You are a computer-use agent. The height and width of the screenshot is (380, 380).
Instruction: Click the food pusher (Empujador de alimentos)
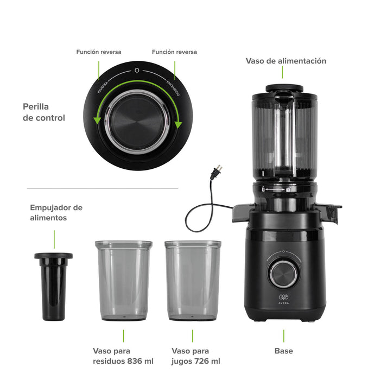(54, 287)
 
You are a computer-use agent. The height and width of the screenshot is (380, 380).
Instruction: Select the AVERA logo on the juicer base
(283, 299)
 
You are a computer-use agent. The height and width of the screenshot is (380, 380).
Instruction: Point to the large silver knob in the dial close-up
(137, 122)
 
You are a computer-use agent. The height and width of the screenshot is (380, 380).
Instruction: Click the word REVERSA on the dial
(103, 87)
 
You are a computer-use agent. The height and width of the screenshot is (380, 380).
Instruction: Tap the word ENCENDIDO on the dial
(173, 88)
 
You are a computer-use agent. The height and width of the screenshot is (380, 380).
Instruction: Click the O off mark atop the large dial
(137, 70)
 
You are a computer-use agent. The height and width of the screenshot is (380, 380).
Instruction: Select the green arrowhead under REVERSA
(97, 120)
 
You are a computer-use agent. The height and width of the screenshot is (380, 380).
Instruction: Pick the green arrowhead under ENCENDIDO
(178, 124)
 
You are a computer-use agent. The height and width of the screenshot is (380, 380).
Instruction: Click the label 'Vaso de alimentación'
(286, 61)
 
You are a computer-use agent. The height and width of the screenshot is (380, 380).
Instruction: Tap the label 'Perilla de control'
(44, 112)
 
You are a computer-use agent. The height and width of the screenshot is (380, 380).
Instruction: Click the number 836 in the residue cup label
(135, 361)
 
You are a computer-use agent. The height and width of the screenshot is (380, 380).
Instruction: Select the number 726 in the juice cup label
(201, 361)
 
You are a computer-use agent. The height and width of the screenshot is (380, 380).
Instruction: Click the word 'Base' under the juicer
(283, 351)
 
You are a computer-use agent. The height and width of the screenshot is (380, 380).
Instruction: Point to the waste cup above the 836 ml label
(124, 281)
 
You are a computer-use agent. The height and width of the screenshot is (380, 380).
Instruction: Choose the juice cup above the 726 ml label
(193, 281)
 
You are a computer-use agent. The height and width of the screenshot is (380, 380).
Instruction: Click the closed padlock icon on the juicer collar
(263, 189)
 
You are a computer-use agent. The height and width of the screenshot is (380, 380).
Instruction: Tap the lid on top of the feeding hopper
(284, 88)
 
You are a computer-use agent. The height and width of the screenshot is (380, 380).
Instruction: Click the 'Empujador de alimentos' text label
(56, 213)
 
